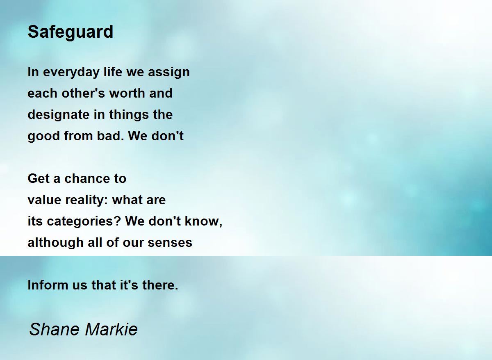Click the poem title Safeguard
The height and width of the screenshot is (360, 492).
(x=71, y=32)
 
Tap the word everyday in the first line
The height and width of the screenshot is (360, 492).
(x=71, y=73)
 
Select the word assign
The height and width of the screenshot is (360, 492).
(x=169, y=73)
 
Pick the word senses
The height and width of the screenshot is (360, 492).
(x=170, y=243)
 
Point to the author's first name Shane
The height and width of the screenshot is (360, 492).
(x=54, y=329)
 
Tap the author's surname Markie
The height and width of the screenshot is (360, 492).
(x=111, y=329)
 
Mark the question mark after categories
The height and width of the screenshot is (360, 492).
(x=118, y=221)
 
